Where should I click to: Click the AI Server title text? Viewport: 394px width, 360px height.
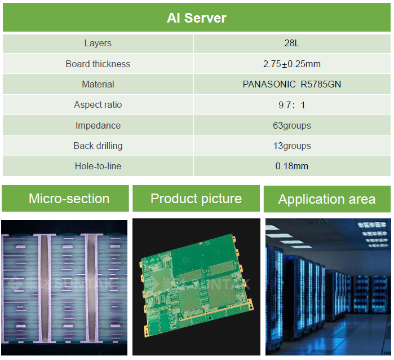click(196, 18)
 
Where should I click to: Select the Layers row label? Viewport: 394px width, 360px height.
click(98, 43)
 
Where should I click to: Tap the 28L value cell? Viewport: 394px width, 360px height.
click(291, 43)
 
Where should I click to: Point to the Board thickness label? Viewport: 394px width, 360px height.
click(98, 64)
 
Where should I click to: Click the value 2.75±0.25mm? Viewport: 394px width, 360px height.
click(291, 64)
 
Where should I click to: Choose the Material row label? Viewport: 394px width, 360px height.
click(98, 84)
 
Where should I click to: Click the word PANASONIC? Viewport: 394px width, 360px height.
click(269, 84)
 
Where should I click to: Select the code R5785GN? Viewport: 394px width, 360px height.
click(321, 84)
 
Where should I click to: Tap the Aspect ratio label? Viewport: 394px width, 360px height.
click(98, 104)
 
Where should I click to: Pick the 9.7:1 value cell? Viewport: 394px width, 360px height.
click(291, 105)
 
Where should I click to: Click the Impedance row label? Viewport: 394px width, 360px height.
click(98, 125)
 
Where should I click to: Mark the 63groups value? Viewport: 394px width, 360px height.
click(291, 125)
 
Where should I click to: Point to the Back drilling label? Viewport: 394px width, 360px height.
click(98, 146)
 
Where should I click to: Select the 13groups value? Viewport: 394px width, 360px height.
click(291, 146)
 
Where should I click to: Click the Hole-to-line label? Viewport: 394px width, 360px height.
click(98, 166)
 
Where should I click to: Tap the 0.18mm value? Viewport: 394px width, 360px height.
click(291, 166)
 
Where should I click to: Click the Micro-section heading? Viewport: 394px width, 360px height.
click(69, 199)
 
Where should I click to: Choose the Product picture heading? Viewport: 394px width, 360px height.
click(196, 199)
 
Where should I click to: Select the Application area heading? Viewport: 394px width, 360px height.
click(327, 199)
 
